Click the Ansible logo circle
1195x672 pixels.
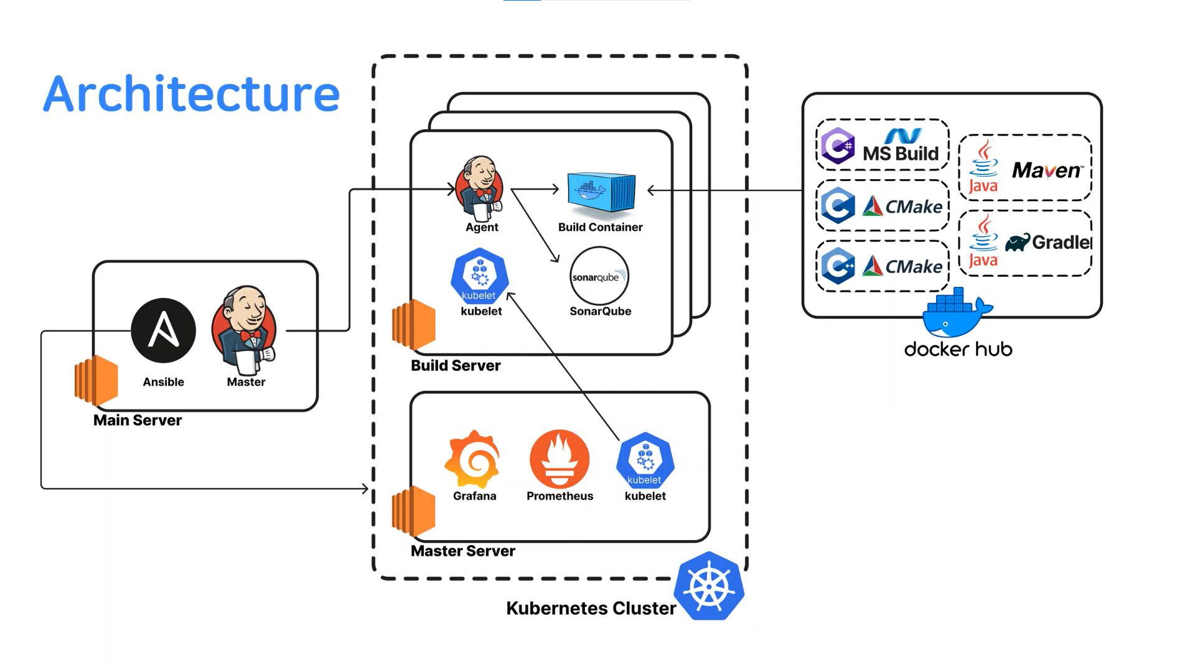tap(163, 330)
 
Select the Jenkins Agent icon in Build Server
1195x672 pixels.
tap(480, 188)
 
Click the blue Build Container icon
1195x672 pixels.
tap(601, 193)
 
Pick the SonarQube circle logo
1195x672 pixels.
tap(599, 276)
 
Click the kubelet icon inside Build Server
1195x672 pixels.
tap(479, 276)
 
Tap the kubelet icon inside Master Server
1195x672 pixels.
tap(645, 460)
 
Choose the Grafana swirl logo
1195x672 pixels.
tap(473, 459)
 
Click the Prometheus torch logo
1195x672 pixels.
tap(559, 459)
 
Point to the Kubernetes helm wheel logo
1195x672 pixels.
tap(710, 586)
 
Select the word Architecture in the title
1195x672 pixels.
tap(192, 94)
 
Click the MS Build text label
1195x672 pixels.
tap(900, 153)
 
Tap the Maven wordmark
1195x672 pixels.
tap(1047, 170)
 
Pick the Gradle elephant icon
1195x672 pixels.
tap(1017, 243)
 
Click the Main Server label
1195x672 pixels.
tap(138, 420)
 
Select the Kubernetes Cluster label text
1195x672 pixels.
tap(591, 608)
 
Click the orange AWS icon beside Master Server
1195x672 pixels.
tap(413, 510)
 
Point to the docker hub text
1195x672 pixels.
tap(958, 349)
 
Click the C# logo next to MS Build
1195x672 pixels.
tap(838, 146)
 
